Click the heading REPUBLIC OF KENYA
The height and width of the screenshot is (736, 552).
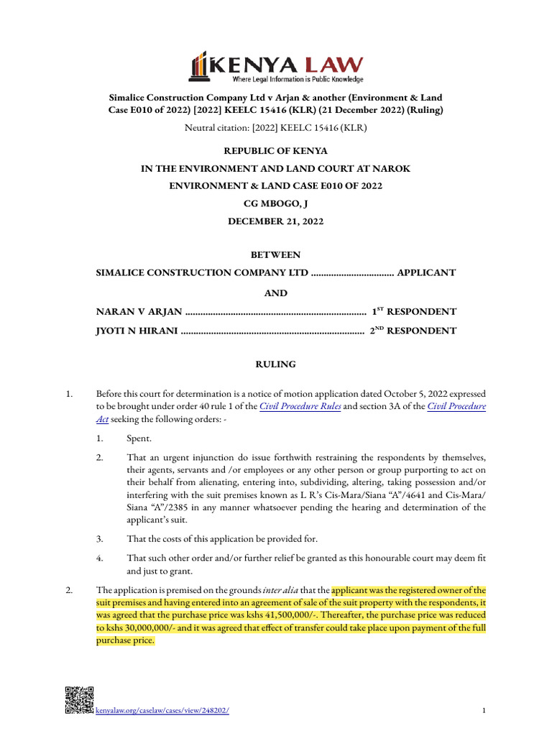pos(275,151)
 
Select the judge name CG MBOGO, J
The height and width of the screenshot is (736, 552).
pos(275,203)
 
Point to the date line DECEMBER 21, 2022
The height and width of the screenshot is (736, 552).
pos(275,221)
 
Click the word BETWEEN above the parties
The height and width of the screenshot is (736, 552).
pos(275,255)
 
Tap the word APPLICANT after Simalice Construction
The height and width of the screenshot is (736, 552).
pos(426,273)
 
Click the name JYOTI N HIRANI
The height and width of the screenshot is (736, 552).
pos(137,331)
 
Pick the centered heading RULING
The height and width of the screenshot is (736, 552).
pos(275,365)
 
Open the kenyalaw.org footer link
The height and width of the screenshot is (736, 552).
pos(162,711)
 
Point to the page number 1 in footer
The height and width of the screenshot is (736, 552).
pos(484,711)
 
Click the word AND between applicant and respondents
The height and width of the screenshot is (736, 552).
pos(275,293)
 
